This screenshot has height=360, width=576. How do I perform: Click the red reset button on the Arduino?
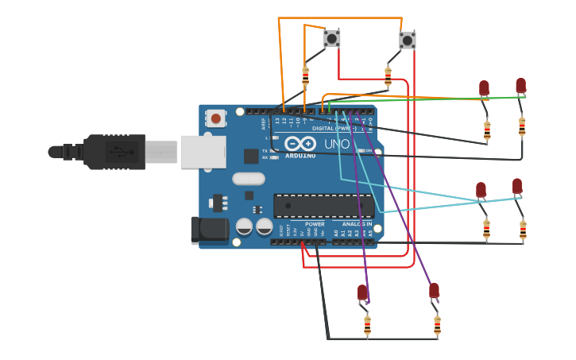point(215,118)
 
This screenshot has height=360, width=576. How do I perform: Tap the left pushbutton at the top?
point(332,38)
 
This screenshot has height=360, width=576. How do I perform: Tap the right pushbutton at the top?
point(407,40)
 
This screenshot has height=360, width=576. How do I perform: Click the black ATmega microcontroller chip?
point(323,206)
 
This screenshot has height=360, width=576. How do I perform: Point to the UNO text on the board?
point(336,144)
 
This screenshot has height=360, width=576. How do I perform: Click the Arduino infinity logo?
point(300,143)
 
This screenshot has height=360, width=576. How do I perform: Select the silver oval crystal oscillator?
point(249,179)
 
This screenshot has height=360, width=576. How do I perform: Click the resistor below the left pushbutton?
point(305,76)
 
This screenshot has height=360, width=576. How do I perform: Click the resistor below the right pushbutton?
point(388,76)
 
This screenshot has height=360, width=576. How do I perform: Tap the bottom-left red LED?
point(363,292)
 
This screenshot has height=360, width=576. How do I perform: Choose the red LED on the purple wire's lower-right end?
point(434,291)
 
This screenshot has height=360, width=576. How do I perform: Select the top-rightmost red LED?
point(520,85)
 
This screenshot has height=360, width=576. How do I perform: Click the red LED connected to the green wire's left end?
point(484,88)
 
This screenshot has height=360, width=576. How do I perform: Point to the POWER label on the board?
point(315,224)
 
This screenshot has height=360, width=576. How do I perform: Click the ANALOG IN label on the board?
point(358,224)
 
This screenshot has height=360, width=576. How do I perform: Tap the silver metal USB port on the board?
point(203,151)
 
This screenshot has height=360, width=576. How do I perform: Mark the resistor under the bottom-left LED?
point(367,325)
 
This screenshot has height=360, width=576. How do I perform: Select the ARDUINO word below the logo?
point(300,156)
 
